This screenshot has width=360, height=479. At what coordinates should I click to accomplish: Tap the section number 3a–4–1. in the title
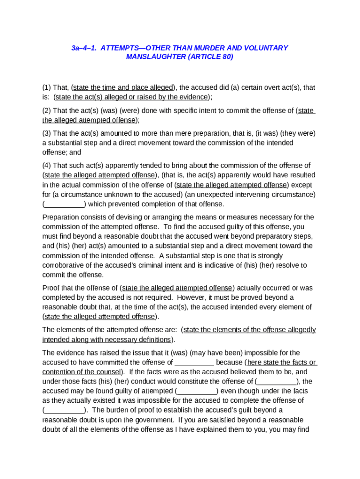(84, 48)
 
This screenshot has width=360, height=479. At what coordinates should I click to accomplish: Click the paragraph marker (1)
(47, 87)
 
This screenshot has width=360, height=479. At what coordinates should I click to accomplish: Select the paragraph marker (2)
(47, 110)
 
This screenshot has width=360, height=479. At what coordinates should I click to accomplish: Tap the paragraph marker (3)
(47, 133)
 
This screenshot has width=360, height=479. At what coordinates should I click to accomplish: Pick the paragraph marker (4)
(47, 166)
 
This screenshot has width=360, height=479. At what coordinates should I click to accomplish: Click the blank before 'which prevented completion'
(64, 204)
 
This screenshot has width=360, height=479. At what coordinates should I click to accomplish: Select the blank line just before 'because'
(194, 363)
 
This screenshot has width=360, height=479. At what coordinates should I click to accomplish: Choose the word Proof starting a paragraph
(51, 288)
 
